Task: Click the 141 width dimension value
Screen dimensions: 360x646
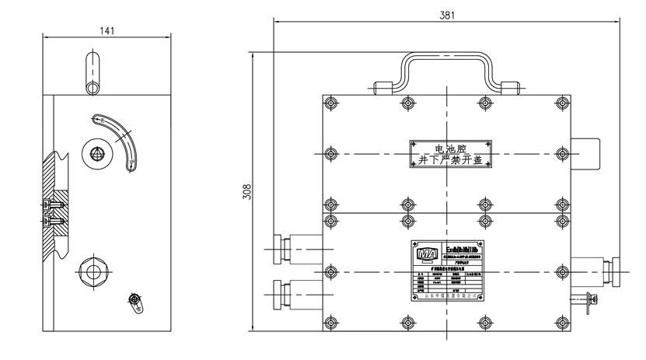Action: pos(107,30)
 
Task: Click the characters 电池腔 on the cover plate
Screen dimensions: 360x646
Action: pos(452,145)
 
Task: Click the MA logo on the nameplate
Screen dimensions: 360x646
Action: pos(426,253)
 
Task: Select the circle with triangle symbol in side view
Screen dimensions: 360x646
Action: pos(96,153)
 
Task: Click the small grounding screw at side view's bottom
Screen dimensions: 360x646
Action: pos(135,300)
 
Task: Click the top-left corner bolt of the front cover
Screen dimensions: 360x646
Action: pos(333,103)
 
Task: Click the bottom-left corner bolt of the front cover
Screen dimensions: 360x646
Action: pos(333,320)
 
